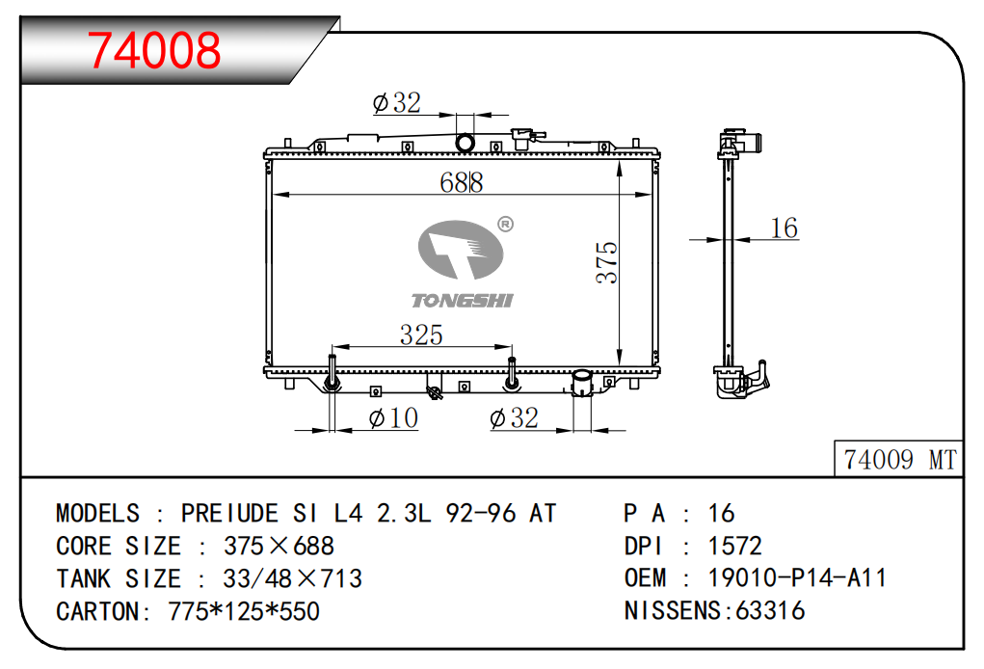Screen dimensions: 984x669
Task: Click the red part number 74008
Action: pyautogui.click(x=154, y=50)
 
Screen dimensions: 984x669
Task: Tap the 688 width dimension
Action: pyautogui.click(x=462, y=182)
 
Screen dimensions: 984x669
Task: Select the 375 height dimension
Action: pyautogui.click(x=607, y=262)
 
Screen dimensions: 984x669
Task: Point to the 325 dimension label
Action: pyautogui.click(x=422, y=334)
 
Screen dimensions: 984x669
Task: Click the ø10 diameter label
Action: pyautogui.click(x=393, y=418)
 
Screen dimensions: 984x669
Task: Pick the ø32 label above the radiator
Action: pyautogui.click(x=397, y=102)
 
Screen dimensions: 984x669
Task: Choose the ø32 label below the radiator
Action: pyautogui.click(x=514, y=418)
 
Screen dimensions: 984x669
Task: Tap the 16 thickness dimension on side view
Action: pyautogui.click(x=784, y=227)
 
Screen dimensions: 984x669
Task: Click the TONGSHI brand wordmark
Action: pyautogui.click(x=463, y=301)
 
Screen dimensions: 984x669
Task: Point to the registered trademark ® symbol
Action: pyautogui.click(x=505, y=224)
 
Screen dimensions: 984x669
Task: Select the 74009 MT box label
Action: pyautogui.click(x=899, y=460)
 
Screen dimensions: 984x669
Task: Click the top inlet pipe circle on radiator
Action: pyautogui.click(x=465, y=143)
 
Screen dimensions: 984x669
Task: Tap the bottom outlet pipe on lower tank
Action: pyautogui.click(x=582, y=383)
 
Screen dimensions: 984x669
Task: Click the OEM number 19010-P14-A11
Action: pyautogui.click(x=797, y=578)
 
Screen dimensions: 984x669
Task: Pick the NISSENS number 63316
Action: pyautogui.click(x=770, y=610)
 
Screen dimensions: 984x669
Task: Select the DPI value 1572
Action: pyautogui.click(x=734, y=546)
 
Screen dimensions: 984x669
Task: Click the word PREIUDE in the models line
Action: pyautogui.click(x=229, y=514)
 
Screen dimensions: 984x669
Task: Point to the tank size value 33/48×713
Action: pyautogui.click(x=292, y=578)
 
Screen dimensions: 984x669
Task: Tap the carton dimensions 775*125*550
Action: pyautogui.click(x=244, y=611)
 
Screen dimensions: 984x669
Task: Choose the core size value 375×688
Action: pyautogui.click(x=279, y=546)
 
